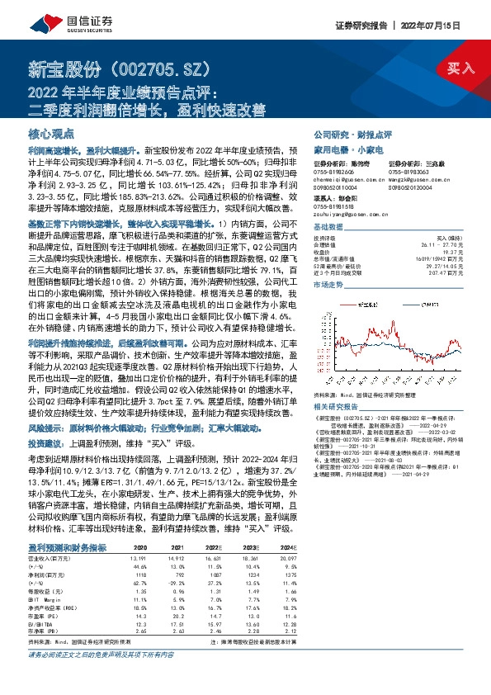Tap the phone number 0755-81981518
[x=334, y=206]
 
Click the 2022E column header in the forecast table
[x=214, y=546]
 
